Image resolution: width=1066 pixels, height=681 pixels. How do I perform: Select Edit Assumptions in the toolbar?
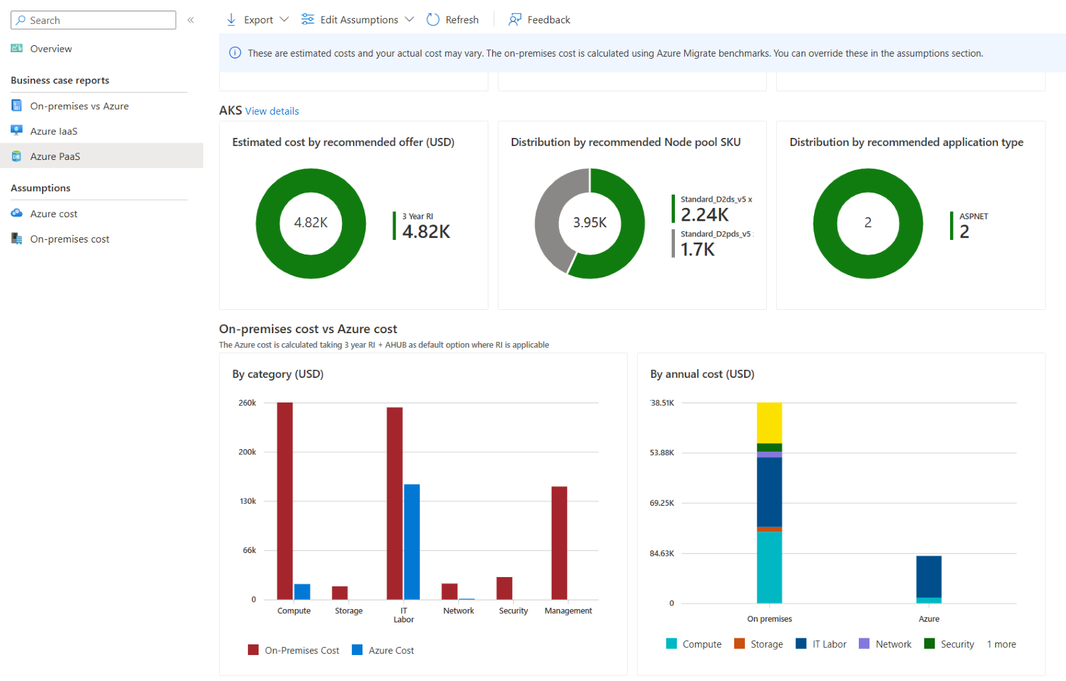[x=358, y=20]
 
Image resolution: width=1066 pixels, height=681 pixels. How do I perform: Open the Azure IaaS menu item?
[x=53, y=131]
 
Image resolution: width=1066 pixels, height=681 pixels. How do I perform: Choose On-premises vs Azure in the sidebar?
[x=79, y=106]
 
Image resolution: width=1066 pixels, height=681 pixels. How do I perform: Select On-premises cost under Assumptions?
[x=69, y=239]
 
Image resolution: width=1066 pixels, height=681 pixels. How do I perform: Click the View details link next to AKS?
[x=272, y=111]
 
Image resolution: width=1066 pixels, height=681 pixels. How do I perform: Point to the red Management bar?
[x=559, y=542]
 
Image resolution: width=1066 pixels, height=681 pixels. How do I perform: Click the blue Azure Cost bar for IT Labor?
[x=412, y=541]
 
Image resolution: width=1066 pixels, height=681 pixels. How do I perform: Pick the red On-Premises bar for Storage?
[x=340, y=592]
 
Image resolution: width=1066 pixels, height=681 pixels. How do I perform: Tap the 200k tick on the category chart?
[x=247, y=452]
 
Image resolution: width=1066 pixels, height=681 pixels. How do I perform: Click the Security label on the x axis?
[x=513, y=610]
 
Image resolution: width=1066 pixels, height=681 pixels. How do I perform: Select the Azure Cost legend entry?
[x=390, y=650]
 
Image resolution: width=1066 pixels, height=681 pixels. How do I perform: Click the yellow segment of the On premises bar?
[x=769, y=422]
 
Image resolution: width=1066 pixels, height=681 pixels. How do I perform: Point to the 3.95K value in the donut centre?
[x=590, y=223]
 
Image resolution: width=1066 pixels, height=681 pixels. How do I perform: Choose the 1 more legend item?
[x=1001, y=644]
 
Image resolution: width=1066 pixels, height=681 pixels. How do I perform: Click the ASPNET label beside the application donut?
[x=973, y=217]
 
